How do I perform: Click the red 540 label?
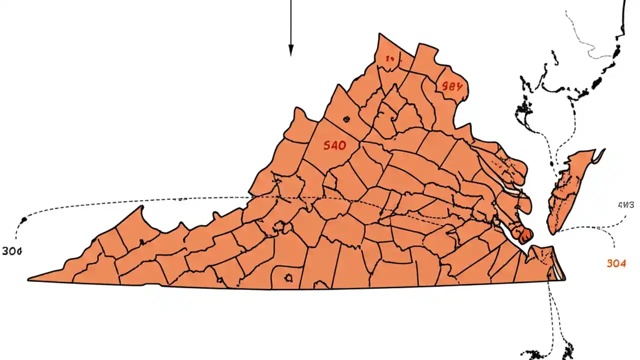pos(334,146)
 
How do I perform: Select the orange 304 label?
pos(616,263)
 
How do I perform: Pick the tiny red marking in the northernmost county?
pos(390,59)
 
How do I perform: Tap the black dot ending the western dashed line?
pos(23,220)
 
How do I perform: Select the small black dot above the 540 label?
pos(345,119)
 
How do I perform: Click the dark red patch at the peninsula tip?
pos(525,235)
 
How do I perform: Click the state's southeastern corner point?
pos(565,279)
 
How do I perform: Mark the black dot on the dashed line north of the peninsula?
pos(551,163)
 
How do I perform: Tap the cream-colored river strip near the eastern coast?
pos(514,192)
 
